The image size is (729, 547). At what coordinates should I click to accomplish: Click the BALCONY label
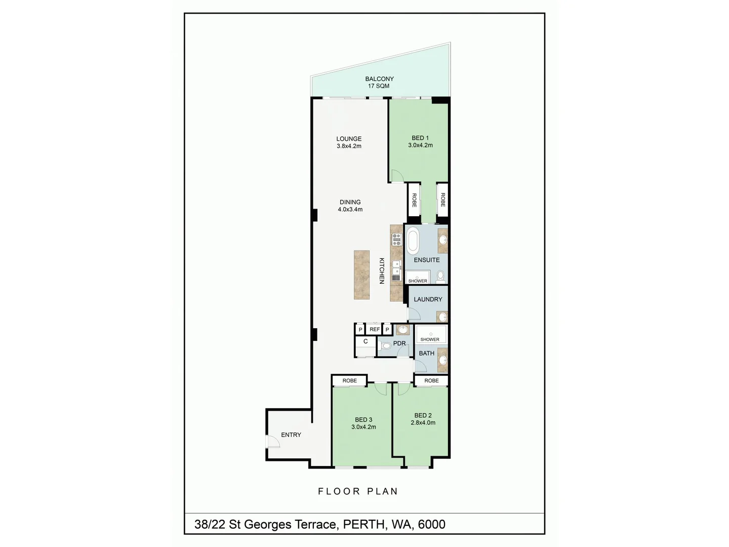[x=379, y=79]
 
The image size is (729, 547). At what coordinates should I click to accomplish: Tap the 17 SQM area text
[x=379, y=86]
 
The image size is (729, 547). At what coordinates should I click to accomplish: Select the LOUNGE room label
[x=349, y=139]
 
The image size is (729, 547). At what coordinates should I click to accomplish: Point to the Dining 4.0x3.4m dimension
[x=350, y=209]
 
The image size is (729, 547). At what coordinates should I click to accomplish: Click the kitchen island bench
[x=361, y=275]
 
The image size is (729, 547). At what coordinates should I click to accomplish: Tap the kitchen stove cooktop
[x=396, y=240]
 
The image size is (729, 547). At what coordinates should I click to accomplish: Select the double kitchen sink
[x=396, y=266]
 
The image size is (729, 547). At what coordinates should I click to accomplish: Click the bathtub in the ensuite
[x=413, y=241]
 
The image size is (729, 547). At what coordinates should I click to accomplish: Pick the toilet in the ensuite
[x=440, y=276]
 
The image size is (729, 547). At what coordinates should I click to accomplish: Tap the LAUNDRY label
[x=428, y=299]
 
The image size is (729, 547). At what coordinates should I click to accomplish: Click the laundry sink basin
[x=442, y=317]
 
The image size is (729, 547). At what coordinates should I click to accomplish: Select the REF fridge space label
[x=375, y=329]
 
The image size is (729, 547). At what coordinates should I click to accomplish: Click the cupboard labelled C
[x=365, y=342]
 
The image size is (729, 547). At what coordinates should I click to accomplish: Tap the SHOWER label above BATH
[x=430, y=339]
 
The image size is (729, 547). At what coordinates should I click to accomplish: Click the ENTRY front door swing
[x=273, y=443]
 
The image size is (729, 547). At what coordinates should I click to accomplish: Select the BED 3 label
[x=363, y=419]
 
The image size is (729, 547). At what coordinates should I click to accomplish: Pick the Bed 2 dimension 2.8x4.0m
[x=423, y=423]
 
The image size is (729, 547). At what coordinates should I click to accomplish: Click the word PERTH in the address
[x=363, y=524]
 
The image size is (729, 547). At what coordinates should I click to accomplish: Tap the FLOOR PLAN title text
[x=358, y=491]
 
